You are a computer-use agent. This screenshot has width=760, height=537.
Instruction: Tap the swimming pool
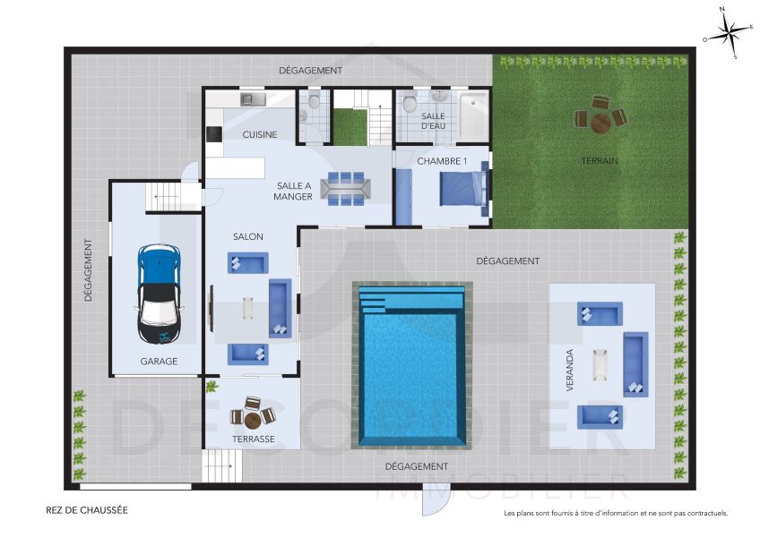(412, 367)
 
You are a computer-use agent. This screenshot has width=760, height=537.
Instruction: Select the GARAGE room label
(159, 362)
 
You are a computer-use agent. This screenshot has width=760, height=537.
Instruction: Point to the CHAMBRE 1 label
(442, 161)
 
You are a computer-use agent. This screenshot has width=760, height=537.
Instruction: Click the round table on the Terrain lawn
(600, 119)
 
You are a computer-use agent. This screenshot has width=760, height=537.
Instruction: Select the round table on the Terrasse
(252, 417)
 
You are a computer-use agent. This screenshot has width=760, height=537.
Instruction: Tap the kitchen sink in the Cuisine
(251, 99)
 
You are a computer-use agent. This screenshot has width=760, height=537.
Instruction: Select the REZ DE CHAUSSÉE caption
(87, 510)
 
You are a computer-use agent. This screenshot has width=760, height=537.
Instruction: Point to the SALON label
(248, 236)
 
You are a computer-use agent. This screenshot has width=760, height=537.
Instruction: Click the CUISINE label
(260, 134)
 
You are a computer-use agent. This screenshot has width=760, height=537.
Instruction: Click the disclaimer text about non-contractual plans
(616, 514)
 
